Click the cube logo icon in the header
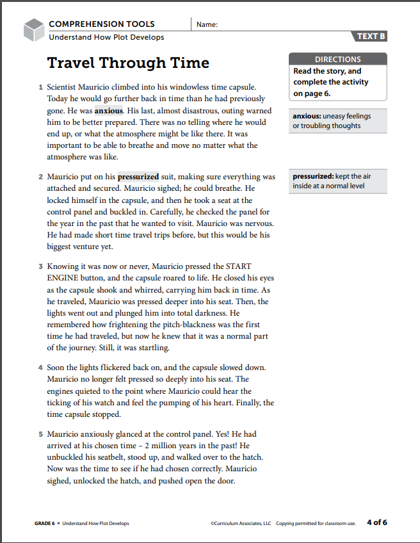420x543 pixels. (x=33, y=29)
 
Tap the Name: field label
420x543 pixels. (x=207, y=25)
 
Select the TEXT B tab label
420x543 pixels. (x=371, y=36)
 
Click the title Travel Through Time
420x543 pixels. (x=128, y=63)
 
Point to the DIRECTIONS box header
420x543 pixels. (x=337, y=60)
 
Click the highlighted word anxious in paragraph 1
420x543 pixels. (x=108, y=111)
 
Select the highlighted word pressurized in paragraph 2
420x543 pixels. (x=138, y=177)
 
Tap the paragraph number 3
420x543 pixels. (x=40, y=267)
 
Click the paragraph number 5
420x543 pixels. (x=40, y=434)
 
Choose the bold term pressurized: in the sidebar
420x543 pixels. (x=312, y=176)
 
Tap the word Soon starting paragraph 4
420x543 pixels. (x=58, y=368)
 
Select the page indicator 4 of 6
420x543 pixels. (x=376, y=523)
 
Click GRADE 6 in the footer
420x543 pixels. (x=45, y=523)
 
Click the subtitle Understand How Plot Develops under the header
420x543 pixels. (x=106, y=37)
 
